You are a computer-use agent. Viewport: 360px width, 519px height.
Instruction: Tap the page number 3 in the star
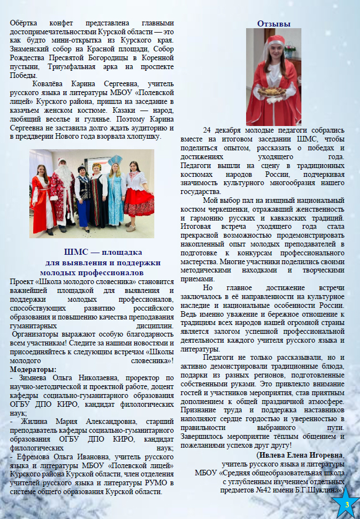[x=347, y=505]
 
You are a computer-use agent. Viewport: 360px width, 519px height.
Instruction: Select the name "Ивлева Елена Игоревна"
[x=300, y=455]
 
